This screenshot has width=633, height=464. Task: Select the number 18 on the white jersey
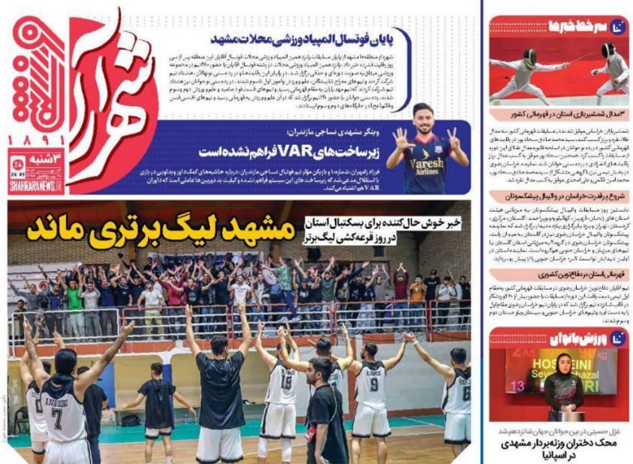287,382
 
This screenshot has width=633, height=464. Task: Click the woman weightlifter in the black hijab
563,384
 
